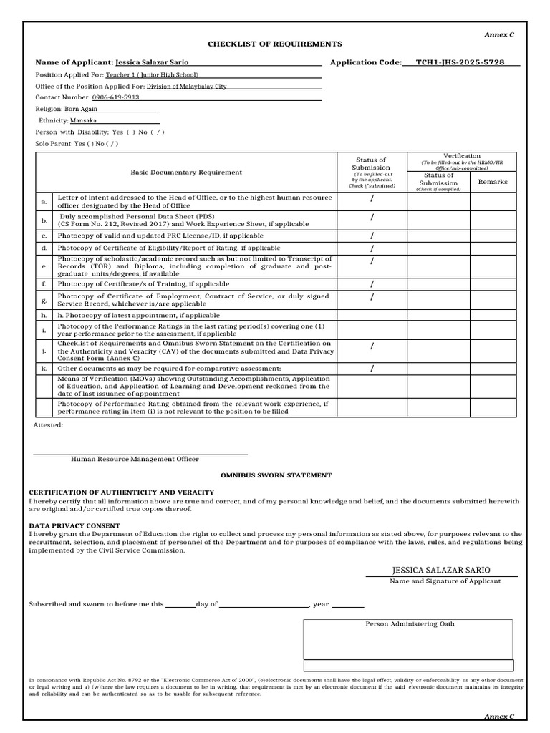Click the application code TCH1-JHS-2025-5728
[x=460, y=62]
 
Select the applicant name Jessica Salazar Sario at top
[x=152, y=62]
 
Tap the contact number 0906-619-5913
[x=115, y=97]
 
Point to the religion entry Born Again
[x=81, y=110]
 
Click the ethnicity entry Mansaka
[x=83, y=121]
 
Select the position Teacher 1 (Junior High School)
[x=152, y=74]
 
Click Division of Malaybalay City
[x=186, y=86]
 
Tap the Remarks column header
[x=493, y=182]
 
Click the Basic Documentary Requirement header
[x=186, y=173]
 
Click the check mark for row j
[x=372, y=346]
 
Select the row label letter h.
[x=44, y=315]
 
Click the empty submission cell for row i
[x=372, y=329]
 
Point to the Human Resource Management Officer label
[x=135, y=460]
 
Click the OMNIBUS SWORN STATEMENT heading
[x=276, y=475]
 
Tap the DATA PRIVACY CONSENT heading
[x=74, y=525]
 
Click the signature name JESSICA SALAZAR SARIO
[x=441, y=570]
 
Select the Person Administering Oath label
[x=410, y=624]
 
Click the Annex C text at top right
[x=499, y=34]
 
